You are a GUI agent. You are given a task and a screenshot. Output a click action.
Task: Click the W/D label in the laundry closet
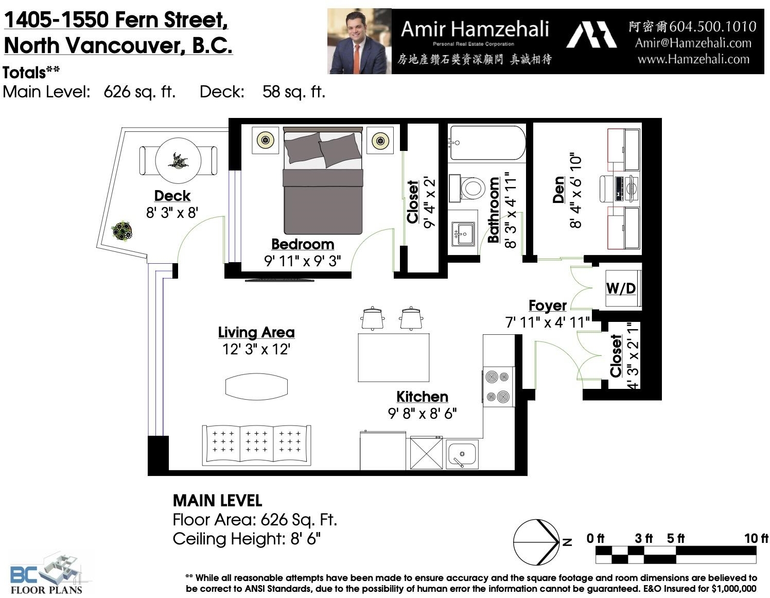pos(620,288)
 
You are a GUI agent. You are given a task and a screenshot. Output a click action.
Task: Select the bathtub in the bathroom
pos(487,143)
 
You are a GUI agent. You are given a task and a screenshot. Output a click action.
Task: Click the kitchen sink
pos(462,454)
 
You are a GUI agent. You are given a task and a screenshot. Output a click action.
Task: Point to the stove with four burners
pos(498,386)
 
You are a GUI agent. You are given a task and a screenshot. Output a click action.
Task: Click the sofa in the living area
pos(256,445)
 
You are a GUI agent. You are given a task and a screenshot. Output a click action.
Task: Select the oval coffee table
pos(256,387)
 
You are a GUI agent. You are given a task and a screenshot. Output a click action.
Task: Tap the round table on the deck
pos(178,161)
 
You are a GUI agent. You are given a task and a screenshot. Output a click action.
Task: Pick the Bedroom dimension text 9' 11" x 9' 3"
pos(302,261)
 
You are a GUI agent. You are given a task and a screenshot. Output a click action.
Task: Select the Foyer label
pos(548,305)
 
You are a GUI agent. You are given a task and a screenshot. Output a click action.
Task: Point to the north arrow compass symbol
pos(536,542)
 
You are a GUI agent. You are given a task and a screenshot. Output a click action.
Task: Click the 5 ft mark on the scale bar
pos(676,539)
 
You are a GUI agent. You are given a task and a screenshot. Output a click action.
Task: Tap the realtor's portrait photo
pos(359,42)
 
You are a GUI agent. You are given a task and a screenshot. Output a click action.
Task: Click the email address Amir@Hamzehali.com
pos(693,43)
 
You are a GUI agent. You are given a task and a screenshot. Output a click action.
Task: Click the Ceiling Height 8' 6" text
pos(247,539)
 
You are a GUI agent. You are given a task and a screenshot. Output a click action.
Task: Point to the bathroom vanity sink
pos(462,233)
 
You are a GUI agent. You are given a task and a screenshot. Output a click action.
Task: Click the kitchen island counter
pos(393,357)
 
